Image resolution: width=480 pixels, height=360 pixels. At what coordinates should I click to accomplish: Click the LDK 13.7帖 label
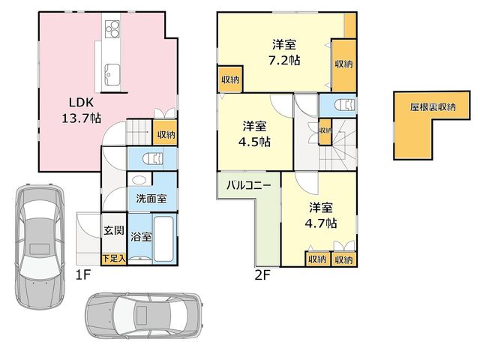82,110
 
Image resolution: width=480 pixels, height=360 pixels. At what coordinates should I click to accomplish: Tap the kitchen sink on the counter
112,75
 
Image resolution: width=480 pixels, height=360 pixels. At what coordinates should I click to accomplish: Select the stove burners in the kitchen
112,28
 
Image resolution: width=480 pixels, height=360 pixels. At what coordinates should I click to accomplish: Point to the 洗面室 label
151,199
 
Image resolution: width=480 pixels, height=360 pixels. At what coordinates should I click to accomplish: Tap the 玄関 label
113,230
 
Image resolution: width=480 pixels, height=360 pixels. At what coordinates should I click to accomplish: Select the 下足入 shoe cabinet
113,259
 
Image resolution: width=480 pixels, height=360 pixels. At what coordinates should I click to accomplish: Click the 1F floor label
83,275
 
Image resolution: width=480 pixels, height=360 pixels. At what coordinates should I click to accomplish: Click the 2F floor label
262,275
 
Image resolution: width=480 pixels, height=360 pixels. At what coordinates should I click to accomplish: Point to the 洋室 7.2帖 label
284,52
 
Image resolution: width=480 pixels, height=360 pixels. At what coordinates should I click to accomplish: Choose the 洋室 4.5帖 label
254,134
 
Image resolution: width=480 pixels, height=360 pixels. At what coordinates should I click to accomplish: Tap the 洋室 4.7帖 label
321,215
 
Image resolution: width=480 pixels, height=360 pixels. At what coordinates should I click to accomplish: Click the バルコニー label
248,185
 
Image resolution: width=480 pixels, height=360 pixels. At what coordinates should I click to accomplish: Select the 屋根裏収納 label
433,107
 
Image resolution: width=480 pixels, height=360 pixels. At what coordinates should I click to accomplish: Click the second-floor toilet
345,105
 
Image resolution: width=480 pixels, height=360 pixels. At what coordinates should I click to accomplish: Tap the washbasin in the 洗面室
140,180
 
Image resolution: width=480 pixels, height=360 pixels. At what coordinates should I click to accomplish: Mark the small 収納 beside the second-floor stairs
325,131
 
